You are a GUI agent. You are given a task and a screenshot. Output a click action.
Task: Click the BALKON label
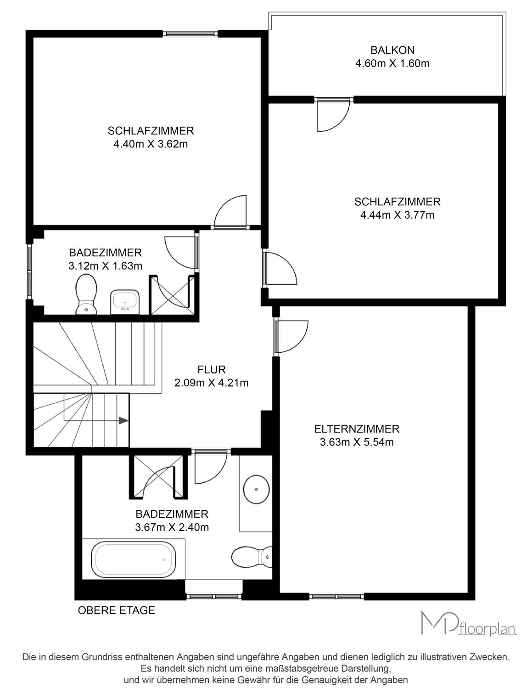coord(392,50)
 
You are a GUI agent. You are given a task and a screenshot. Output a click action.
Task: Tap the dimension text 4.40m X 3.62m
coord(151,144)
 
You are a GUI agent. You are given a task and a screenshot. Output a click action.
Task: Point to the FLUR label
coord(211,369)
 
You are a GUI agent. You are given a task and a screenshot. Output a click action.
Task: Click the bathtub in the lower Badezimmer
coord(134,559)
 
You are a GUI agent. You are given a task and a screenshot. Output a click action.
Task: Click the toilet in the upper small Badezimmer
coord(86,294)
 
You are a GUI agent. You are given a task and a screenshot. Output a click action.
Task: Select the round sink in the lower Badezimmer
coord(256,489)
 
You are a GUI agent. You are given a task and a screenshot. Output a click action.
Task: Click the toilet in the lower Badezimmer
coord(252,557)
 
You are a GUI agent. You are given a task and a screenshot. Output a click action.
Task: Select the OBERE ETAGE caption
coord(116,610)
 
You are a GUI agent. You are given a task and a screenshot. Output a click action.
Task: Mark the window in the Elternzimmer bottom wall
coord(336,596)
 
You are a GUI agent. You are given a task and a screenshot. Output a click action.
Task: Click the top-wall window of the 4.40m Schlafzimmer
coord(190,33)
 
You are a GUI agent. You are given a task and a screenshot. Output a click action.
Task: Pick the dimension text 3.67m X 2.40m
coord(172,527)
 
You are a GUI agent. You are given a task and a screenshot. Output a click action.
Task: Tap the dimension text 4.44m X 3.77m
coord(398,215)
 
